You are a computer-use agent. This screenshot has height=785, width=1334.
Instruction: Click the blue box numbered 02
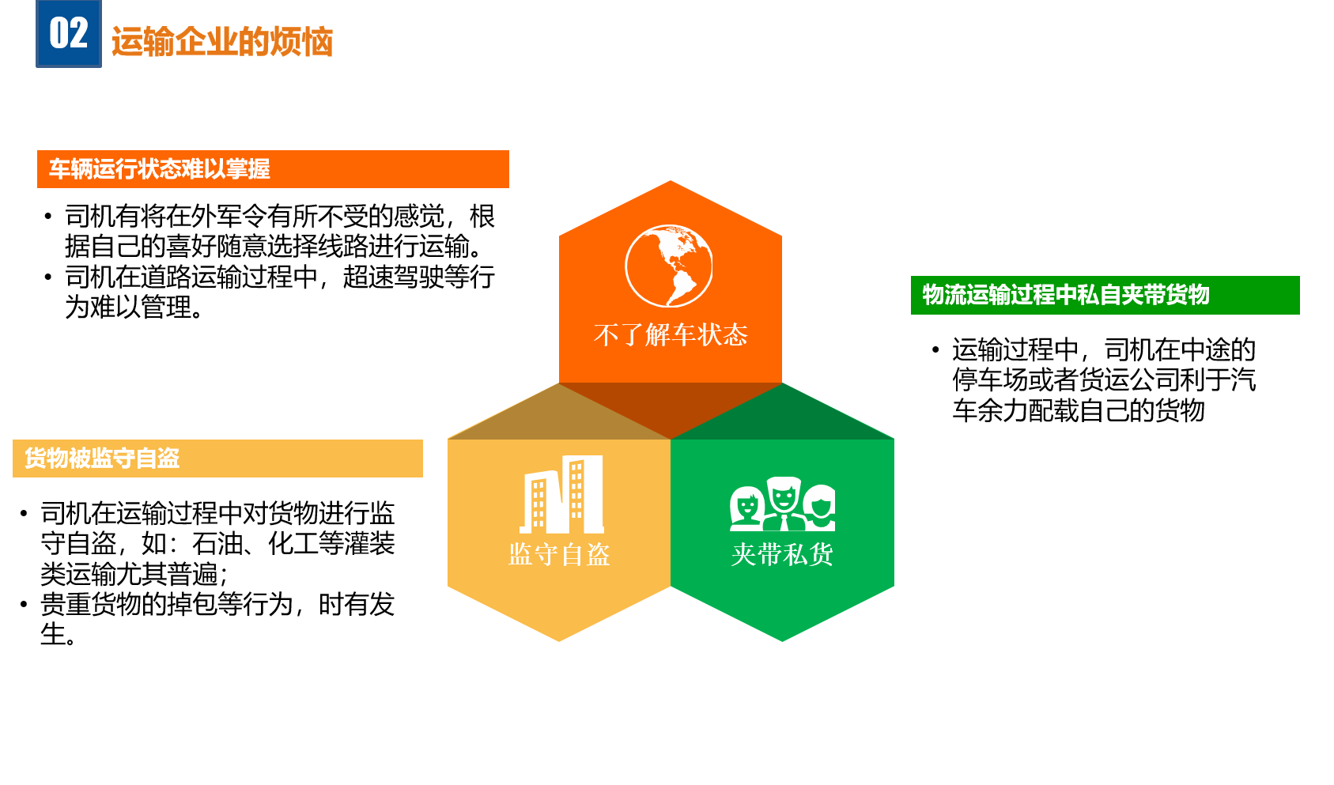[x=69, y=33]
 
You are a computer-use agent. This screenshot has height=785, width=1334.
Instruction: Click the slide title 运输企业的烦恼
[x=221, y=42]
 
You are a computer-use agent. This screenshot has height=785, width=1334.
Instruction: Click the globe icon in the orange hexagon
[x=669, y=266]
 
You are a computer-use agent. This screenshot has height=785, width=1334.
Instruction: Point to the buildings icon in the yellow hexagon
[x=561, y=494]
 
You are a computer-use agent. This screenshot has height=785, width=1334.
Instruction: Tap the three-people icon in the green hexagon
[x=782, y=504]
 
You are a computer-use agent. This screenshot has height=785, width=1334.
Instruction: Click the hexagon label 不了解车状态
[x=671, y=335]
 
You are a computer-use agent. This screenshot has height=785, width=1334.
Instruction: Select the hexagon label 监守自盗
[x=559, y=555]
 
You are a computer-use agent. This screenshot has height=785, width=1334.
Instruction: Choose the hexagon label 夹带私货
[x=782, y=555]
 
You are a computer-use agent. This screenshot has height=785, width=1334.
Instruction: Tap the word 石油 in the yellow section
[x=217, y=543]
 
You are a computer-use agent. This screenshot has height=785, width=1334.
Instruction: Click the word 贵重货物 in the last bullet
[x=90, y=604]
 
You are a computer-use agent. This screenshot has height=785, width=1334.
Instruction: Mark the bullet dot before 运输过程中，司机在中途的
[x=935, y=350]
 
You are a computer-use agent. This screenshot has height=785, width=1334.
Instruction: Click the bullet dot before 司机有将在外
[x=48, y=216]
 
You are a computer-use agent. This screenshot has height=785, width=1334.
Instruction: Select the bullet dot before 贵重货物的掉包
[x=24, y=605]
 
